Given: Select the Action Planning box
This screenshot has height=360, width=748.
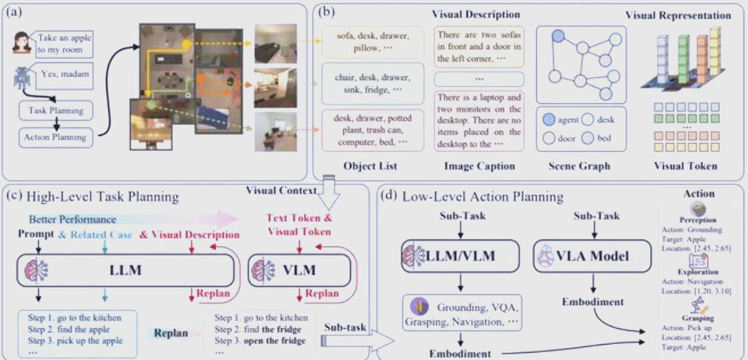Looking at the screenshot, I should (x=55, y=136).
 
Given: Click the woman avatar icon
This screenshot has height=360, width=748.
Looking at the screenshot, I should (x=20, y=43).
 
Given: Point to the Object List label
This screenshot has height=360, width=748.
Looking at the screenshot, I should (x=370, y=166).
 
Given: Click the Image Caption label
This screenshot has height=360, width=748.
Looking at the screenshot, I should (x=479, y=166).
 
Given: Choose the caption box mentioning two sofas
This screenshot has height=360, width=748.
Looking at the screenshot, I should (x=479, y=46).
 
